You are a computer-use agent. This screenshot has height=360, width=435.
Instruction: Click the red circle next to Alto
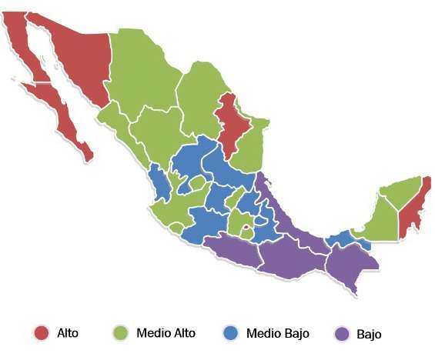tap(42, 332)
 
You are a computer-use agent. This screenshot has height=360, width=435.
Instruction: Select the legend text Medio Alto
tap(166, 333)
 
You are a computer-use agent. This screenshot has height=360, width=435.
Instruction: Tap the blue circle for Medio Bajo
tap(230, 333)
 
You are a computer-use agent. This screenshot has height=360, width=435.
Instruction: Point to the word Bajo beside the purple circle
tap(369, 334)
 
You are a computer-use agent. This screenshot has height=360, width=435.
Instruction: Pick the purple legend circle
tap(343, 333)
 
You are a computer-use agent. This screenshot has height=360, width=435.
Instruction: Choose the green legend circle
tap(119, 333)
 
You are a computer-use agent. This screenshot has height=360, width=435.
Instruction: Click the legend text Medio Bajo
tap(277, 333)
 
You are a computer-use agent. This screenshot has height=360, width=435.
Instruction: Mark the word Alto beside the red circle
tap(67, 333)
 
